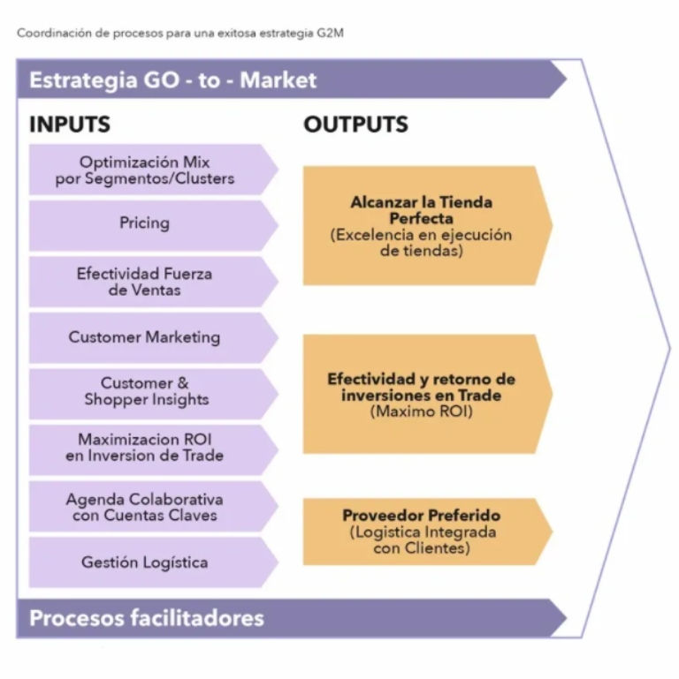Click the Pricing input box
[145, 223]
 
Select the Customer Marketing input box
[145, 337]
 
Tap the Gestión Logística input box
[145, 562]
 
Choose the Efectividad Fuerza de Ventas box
[145, 282]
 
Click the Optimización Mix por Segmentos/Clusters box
[145, 170]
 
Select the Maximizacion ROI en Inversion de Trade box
[145, 448]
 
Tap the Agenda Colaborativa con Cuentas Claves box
[145, 507]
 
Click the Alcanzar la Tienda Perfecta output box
[421, 226]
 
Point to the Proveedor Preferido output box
[421, 532]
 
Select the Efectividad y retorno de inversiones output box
[421, 394]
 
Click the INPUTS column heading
[70, 124]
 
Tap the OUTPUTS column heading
[355, 124]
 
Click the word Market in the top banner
[278, 80]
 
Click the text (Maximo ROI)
[421, 411]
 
